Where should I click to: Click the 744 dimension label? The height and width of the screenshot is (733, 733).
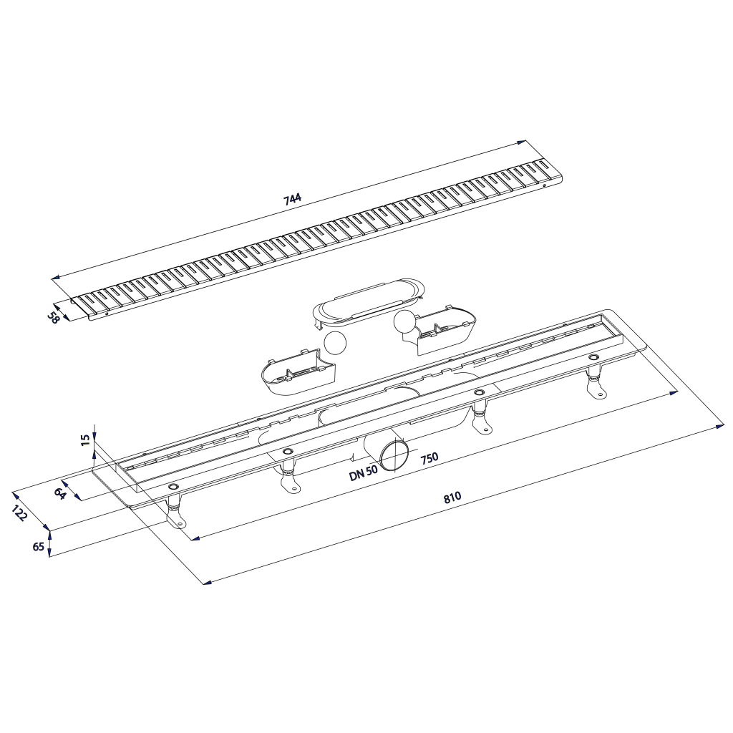point(293,199)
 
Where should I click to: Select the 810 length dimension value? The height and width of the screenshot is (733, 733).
point(452,497)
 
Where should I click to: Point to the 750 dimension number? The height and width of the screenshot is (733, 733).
point(429,457)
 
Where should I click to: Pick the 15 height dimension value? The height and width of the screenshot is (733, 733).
point(86,440)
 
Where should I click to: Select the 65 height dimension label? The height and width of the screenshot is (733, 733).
point(39,545)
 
